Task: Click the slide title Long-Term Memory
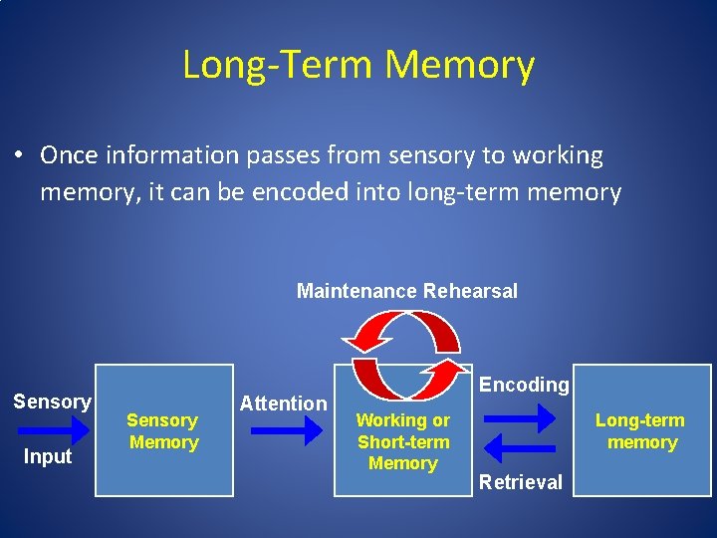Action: point(358,66)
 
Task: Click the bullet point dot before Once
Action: point(19,156)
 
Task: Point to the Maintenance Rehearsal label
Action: point(407,291)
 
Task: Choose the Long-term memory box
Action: point(642,430)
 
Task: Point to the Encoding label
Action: point(525,385)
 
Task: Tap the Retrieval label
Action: point(521,482)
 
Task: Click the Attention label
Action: point(283,403)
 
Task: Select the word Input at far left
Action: point(48,457)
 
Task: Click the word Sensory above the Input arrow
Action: point(52,402)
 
